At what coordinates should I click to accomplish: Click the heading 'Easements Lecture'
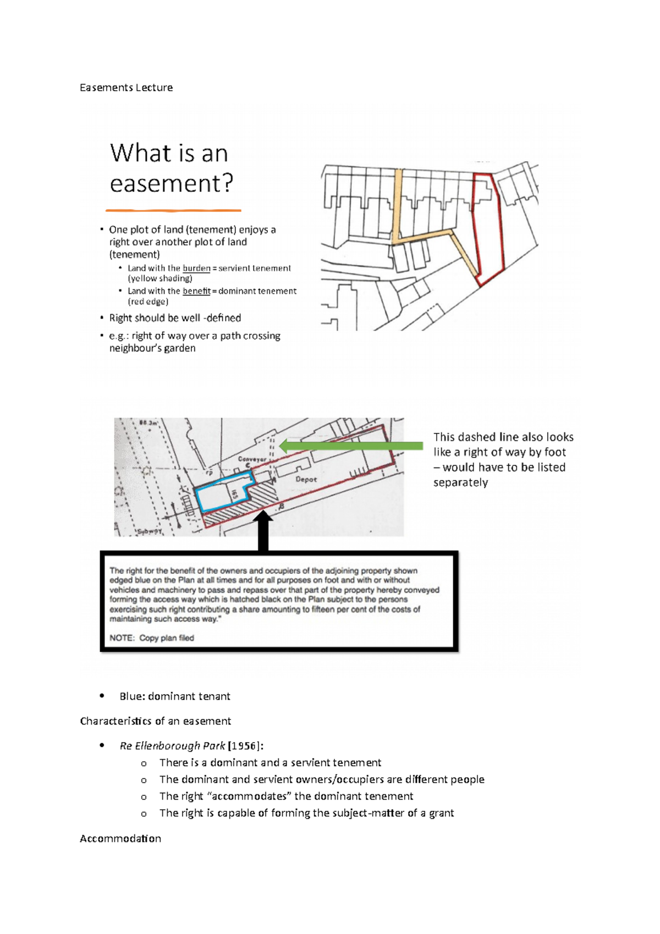point(126,87)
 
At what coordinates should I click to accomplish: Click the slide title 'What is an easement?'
point(171,168)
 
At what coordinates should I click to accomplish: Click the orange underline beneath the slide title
point(173,210)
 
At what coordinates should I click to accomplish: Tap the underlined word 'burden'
point(196,268)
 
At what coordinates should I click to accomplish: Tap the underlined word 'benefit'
point(196,291)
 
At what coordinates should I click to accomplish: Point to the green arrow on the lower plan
point(352,446)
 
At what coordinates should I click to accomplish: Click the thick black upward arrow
point(263,531)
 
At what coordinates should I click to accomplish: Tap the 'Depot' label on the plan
point(306,479)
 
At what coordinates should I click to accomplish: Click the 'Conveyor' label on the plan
point(252,459)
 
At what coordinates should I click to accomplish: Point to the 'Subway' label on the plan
point(149,531)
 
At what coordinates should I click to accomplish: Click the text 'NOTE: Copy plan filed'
point(152,638)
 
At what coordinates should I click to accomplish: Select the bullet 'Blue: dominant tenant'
point(175,696)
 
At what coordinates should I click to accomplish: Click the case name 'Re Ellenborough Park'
point(172,746)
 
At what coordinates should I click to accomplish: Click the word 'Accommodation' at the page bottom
point(120,838)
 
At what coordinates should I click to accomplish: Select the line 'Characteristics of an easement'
point(155,721)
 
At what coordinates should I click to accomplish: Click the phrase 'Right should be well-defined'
point(175,318)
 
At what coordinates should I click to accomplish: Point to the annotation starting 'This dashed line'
point(503,459)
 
